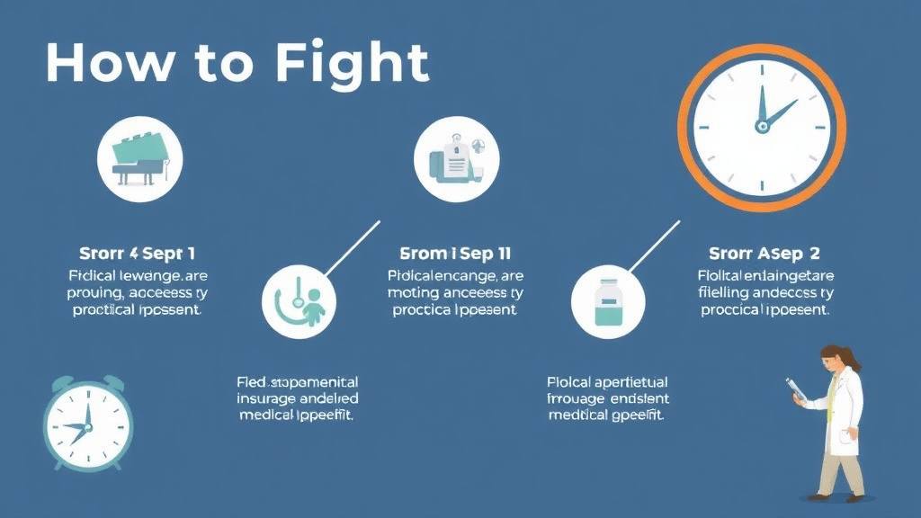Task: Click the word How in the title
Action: (106, 63)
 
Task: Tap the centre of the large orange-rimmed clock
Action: (762, 127)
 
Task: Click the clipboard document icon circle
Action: (456, 158)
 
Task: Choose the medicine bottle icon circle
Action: (608, 300)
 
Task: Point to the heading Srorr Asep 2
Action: (764, 254)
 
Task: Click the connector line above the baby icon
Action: (352, 247)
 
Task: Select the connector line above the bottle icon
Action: (654, 245)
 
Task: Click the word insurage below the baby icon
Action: (270, 398)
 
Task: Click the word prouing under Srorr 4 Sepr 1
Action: (96, 292)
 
